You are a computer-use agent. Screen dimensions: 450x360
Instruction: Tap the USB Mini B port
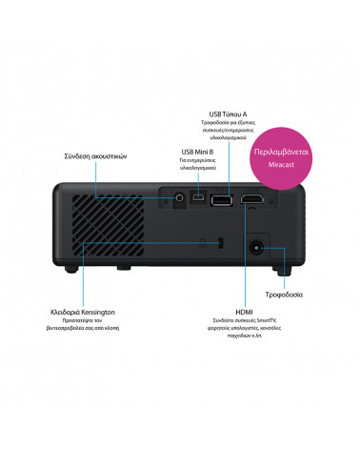pos(198,198)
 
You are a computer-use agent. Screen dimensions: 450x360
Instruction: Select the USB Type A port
pos(219,199)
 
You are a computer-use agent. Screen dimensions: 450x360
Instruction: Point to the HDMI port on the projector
pos(251,199)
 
